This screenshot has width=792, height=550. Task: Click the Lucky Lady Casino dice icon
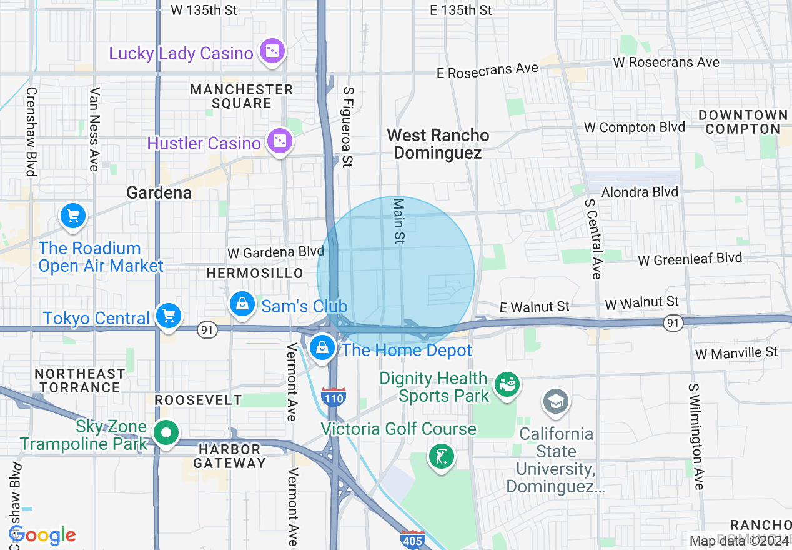[x=272, y=52]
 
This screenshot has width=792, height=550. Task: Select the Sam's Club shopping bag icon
[x=241, y=305]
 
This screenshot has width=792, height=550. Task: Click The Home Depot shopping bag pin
[x=322, y=348]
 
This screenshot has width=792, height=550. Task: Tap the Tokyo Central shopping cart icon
[x=168, y=316]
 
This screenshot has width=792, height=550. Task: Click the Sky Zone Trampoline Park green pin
[x=166, y=432]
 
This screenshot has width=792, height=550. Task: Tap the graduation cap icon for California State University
[x=555, y=401]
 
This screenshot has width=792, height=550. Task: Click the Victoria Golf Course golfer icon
[x=441, y=457]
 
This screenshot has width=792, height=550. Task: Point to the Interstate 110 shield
[x=334, y=397]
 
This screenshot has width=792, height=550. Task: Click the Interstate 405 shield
[x=413, y=539]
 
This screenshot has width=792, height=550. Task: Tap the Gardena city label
[x=159, y=192]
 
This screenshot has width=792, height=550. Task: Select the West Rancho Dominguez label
[x=438, y=144]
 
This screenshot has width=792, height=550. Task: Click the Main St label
[x=399, y=221]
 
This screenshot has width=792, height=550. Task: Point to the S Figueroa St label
[x=348, y=127]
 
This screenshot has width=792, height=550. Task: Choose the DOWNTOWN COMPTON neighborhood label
[x=743, y=122]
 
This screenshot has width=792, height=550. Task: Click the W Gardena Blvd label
[x=275, y=252]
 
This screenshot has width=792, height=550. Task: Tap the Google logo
[x=42, y=535]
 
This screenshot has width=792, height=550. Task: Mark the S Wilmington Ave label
[x=696, y=437]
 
